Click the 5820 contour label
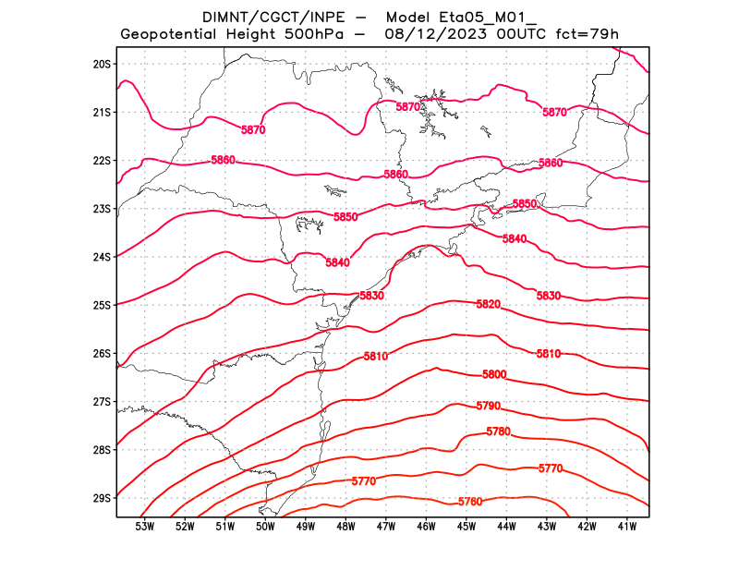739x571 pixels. coord(489,305)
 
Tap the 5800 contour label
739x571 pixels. coord(494,374)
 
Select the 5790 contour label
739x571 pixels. coord(488,407)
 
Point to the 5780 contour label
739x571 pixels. coord(498,431)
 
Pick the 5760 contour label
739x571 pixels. coord(470,502)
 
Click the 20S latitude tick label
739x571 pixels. coord(102,64)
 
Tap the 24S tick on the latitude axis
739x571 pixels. coord(102,257)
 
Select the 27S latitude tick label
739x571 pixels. coord(102,402)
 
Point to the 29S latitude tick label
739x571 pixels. coord(102,498)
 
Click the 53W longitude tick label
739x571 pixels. coord(144,527)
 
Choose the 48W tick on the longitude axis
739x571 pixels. coord(345,527)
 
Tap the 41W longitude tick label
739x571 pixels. coord(627,527)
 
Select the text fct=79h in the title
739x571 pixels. coord(585,35)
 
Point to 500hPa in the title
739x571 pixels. coord(319,35)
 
